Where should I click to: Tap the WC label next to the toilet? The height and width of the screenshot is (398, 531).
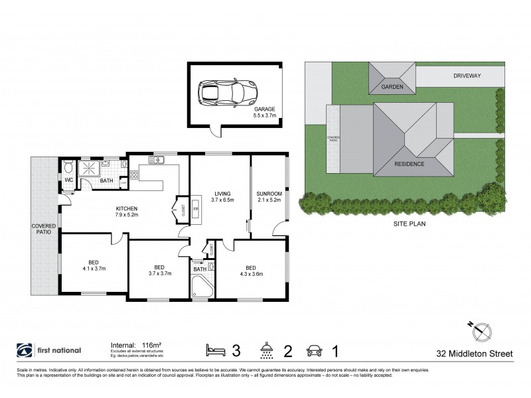(x=68, y=180)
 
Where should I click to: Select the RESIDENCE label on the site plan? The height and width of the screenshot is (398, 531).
(x=410, y=163)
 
